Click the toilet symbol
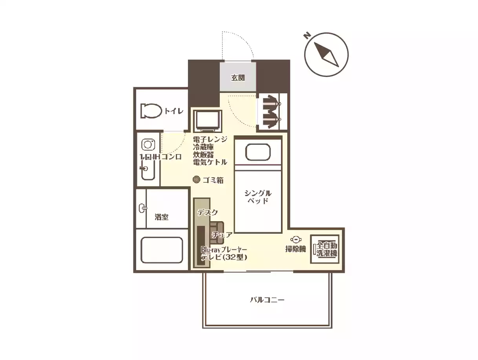click(151, 111)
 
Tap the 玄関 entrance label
click(238, 78)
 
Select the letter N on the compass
click(307, 35)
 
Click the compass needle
click(326, 55)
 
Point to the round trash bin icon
click(197, 180)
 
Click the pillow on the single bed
click(258, 152)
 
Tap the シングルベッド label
click(258, 196)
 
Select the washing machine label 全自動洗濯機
click(327, 249)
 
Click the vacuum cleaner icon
click(296, 239)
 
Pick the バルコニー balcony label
click(267, 300)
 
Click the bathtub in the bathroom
click(162, 250)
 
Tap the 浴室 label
click(162, 217)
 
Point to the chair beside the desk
click(217, 232)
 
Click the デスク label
click(208, 212)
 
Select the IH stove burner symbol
click(148, 144)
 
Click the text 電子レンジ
click(210, 139)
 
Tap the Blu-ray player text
click(224, 249)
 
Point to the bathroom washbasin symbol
click(142, 208)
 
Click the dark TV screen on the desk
click(201, 245)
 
